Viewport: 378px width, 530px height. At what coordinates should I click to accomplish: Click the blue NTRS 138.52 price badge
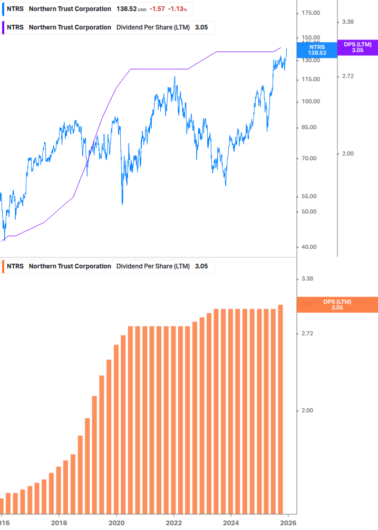[317, 50]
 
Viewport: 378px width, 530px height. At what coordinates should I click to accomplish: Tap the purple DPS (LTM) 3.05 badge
[357, 47]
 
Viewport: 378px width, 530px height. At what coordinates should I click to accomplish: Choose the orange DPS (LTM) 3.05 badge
[337, 304]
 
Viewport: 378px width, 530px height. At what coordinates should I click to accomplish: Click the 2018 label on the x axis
[59, 523]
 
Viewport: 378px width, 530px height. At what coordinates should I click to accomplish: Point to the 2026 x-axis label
[287, 523]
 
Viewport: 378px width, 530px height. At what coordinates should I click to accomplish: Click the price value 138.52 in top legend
[127, 9]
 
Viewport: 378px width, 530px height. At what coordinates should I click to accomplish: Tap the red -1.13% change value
[177, 9]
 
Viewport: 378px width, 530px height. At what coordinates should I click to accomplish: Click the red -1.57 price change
[157, 9]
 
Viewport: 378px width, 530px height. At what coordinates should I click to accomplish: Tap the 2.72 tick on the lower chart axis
[307, 333]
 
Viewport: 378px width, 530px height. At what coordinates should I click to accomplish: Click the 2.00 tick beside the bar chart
[307, 410]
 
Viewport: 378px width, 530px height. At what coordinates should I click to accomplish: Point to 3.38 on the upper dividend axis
[347, 22]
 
